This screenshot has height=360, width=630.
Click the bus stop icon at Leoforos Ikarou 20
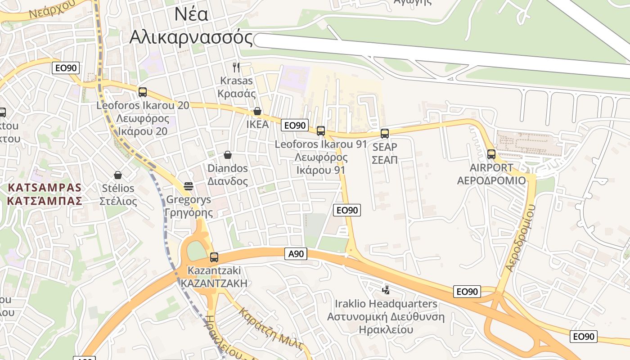(143, 92)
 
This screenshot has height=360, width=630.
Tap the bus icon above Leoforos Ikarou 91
(320, 131)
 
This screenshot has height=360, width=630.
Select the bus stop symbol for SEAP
(384, 133)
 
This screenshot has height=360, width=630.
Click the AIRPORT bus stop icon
(491, 154)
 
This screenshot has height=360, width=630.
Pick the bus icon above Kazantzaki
(214, 257)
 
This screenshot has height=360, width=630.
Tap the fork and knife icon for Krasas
(236, 67)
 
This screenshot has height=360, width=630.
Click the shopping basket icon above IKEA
(257, 111)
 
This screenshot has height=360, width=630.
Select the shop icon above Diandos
(228, 155)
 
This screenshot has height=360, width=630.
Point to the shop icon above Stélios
(118, 175)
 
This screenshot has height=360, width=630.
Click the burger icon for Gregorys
(189, 186)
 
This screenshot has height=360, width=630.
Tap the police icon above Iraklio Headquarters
(385, 290)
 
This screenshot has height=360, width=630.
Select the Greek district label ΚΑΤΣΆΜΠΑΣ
(45, 201)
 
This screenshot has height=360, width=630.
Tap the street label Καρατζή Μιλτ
(270, 328)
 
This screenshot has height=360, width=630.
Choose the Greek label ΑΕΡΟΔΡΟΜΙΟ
(491, 181)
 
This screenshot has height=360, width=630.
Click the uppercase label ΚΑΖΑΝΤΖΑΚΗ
(214, 283)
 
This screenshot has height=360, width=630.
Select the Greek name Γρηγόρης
(189, 212)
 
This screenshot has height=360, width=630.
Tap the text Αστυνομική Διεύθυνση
(386, 317)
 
